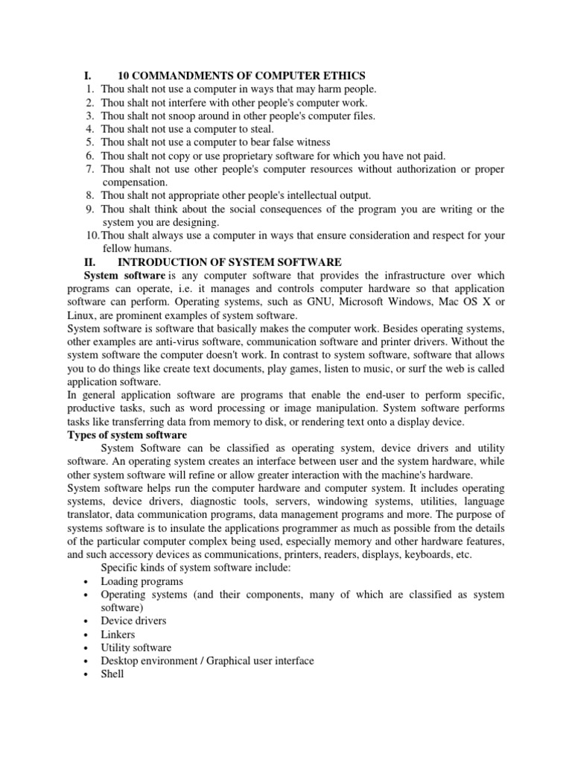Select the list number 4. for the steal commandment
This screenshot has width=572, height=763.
(x=89, y=129)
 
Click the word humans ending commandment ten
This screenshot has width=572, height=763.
(x=153, y=249)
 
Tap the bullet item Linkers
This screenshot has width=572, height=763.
(x=118, y=634)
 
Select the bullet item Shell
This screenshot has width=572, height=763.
(x=112, y=674)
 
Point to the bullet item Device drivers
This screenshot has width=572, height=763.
(x=133, y=621)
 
